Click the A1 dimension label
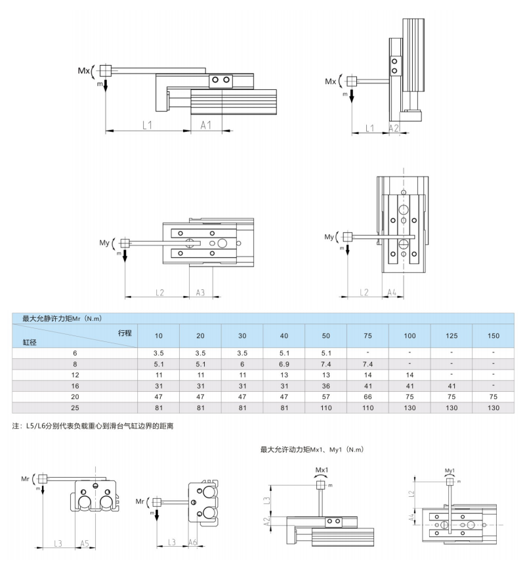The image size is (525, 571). click(206, 125)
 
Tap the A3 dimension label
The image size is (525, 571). click(200, 292)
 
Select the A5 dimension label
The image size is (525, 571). click(84, 543)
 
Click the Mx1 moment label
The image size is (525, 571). click(322, 471)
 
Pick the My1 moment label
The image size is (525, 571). click(450, 471)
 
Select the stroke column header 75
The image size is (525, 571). click(367, 336)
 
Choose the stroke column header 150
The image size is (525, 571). click(493, 336)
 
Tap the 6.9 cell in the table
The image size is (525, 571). click(283, 364)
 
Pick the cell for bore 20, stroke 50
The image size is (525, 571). click(325, 396)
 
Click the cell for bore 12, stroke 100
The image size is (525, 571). click(409, 375)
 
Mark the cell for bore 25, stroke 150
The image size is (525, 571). click(493, 408)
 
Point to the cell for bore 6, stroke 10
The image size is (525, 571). click(158, 352)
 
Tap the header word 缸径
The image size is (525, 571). click(30, 342)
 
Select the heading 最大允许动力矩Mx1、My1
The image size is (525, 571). click(312, 450)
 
